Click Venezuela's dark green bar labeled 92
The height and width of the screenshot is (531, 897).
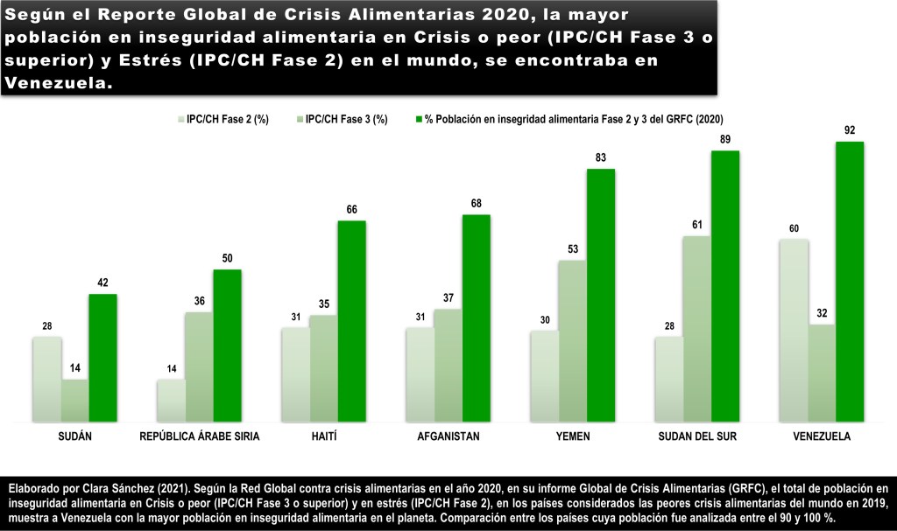coord(850,282)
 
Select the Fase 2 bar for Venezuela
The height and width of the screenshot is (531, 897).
coord(793,331)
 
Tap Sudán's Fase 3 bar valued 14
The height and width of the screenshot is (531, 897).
coord(74,401)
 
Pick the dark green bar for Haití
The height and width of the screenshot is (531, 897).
coord(351,321)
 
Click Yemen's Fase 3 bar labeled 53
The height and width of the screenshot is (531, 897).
coord(572,341)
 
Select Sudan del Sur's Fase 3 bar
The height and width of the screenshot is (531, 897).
coord(696,329)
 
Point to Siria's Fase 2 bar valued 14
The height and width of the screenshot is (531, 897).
coord(171,401)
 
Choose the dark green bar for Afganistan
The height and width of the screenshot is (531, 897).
coord(476,318)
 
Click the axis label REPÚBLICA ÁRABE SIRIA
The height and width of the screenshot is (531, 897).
coord(200,436)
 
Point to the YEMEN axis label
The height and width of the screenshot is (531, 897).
coord(573,436)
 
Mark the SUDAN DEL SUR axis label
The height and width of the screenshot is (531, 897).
coord(696,436)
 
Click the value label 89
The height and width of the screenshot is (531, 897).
coord(725,140)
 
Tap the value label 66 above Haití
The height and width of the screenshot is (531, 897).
coord(351,210)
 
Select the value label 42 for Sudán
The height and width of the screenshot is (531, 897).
coord(102,283)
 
